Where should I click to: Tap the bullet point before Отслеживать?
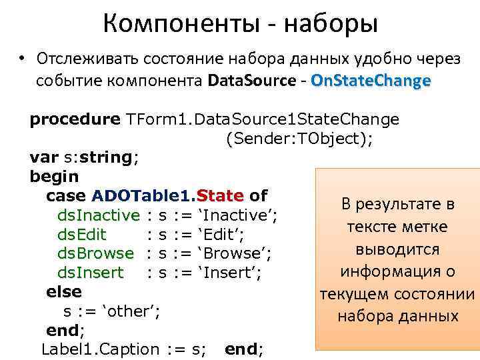tap(21, 58)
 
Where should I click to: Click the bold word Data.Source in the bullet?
tap(251, 81)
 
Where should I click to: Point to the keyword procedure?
tap(75, 120)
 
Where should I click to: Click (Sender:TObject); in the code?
tap(299, 139)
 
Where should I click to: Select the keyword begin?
tap(54, 177)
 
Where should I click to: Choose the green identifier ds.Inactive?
tap(99, 215)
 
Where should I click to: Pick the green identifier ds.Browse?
tap(95, 253)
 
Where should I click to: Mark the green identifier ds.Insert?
tap(90, 273)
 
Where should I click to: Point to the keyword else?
tap(63, 292)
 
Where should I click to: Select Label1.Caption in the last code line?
tap(101, 349)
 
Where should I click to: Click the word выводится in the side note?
tap(397, 249)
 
